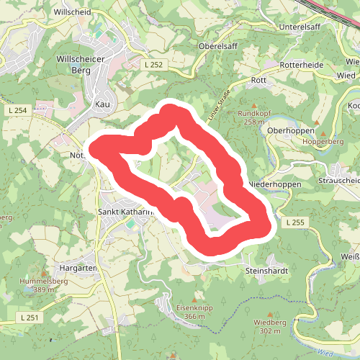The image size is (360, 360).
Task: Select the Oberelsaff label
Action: coord(218,45)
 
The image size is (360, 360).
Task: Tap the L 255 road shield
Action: coord(294,222)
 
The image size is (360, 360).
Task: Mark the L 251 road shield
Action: coord(30,317)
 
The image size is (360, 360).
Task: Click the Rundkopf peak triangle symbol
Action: coord(252,103)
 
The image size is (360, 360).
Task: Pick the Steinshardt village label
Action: coord(266,271)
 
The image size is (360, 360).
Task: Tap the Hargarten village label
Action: coord(78,267)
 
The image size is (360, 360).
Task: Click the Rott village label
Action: coord(259,81)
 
